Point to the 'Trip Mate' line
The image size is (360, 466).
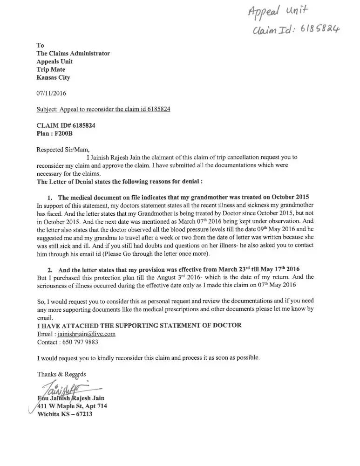[51, 69]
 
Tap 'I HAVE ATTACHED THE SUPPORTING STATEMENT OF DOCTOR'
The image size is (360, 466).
[139, 325]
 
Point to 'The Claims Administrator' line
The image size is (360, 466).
[73, 53]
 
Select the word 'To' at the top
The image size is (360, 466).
[40, 45]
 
